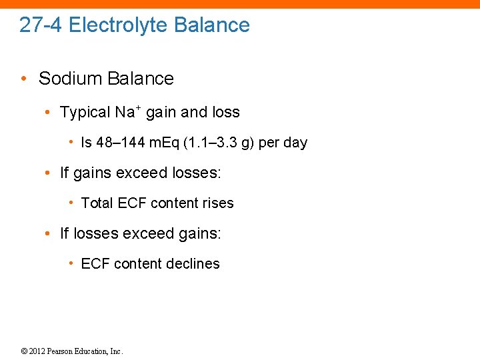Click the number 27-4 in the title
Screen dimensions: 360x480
[x=41, y=25]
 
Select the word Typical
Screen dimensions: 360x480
[x=85, y=112]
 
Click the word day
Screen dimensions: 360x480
[x=294, y=143]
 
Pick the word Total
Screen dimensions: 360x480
[x=97, y=203]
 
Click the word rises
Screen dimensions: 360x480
[x=218, y=203]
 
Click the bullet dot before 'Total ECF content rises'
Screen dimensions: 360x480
[x=71, y=203]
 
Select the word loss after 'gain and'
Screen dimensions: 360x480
[x=223, y=112]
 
